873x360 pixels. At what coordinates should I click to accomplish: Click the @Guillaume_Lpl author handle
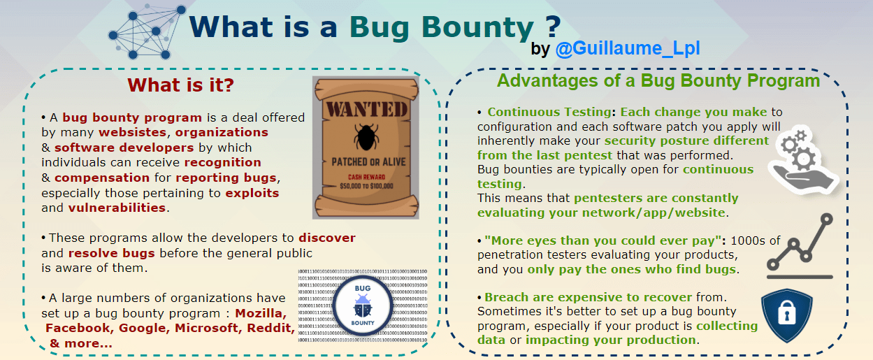(x=628, y=49)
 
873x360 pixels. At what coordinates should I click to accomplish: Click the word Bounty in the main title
(x=478, y=28)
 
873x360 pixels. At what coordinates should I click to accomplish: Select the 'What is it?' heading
(x=180, y=85)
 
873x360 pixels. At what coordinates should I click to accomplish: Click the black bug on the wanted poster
(x=366, y=137)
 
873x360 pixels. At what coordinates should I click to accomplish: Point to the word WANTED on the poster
(x=367, y=110)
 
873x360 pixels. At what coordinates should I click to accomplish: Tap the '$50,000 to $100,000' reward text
(x=366, y=186)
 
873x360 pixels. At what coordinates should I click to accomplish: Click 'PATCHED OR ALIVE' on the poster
(x=368, y=161)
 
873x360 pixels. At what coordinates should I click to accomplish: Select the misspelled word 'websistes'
(x=133, y=133)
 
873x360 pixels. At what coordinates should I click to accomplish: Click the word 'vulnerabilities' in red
(x=117, y=208)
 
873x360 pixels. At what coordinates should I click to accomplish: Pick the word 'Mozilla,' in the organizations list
(x=261, y=313)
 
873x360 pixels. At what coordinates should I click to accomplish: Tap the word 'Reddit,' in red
(x=271, y=328)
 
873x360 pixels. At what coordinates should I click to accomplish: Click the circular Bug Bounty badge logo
(x=363, y=305)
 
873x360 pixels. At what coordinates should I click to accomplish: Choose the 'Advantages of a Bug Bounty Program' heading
(x=658, y=81)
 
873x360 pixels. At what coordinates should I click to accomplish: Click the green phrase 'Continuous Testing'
(x=549, y=113)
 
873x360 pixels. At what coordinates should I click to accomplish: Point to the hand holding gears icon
(x=803, y=161)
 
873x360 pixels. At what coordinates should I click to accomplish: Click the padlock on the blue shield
(x=786, y=312)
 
